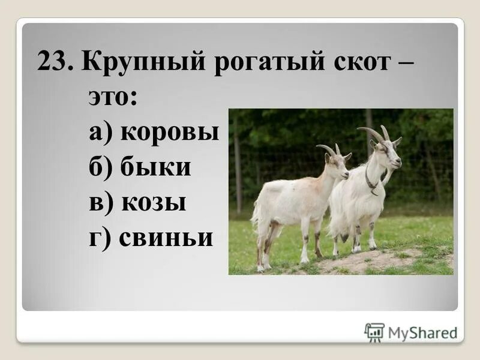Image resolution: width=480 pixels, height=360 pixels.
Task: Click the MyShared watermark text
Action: (422, 332)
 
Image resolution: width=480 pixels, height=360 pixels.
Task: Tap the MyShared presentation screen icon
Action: (374, 332)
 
